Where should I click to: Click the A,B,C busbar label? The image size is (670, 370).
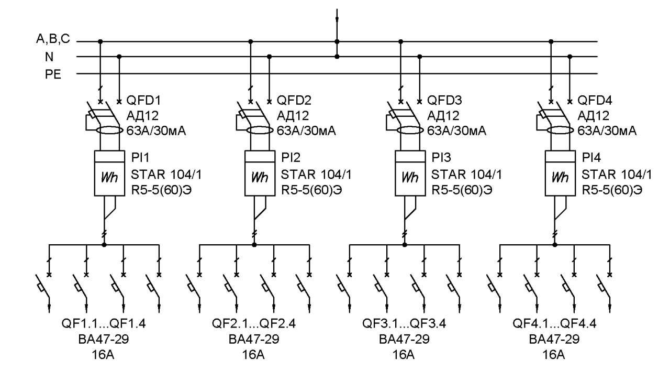tap(53, 39)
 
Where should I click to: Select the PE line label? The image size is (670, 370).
tap(53, 74)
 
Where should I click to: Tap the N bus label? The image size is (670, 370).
tap(49, 57)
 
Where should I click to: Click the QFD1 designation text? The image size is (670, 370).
tap(143, 100)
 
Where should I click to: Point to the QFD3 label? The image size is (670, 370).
tap(444, 100)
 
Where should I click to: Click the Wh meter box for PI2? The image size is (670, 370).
tap(260, 173)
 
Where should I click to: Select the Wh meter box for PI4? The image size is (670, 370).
tap(560, 173)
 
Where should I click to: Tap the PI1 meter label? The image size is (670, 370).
tap(140, 157)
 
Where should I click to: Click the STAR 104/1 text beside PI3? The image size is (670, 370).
tap(466, 174)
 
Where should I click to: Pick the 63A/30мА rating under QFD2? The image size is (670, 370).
tap(306, 131)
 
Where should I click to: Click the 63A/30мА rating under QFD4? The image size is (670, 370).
tap(607, 131)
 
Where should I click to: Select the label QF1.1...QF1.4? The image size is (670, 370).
tap(104, 323)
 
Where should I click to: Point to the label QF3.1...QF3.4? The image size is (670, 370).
tap(404, 323)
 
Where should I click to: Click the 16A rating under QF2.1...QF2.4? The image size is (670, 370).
tap(253, 355)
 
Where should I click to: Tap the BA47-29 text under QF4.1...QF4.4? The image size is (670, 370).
tap(554, 339)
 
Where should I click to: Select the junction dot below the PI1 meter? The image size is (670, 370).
tap(104, 245)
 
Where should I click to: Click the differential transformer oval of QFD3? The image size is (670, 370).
tap(410, 130)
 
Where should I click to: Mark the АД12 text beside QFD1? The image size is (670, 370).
tap(142, 115)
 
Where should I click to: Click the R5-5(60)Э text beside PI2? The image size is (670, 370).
tap(311, 190)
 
